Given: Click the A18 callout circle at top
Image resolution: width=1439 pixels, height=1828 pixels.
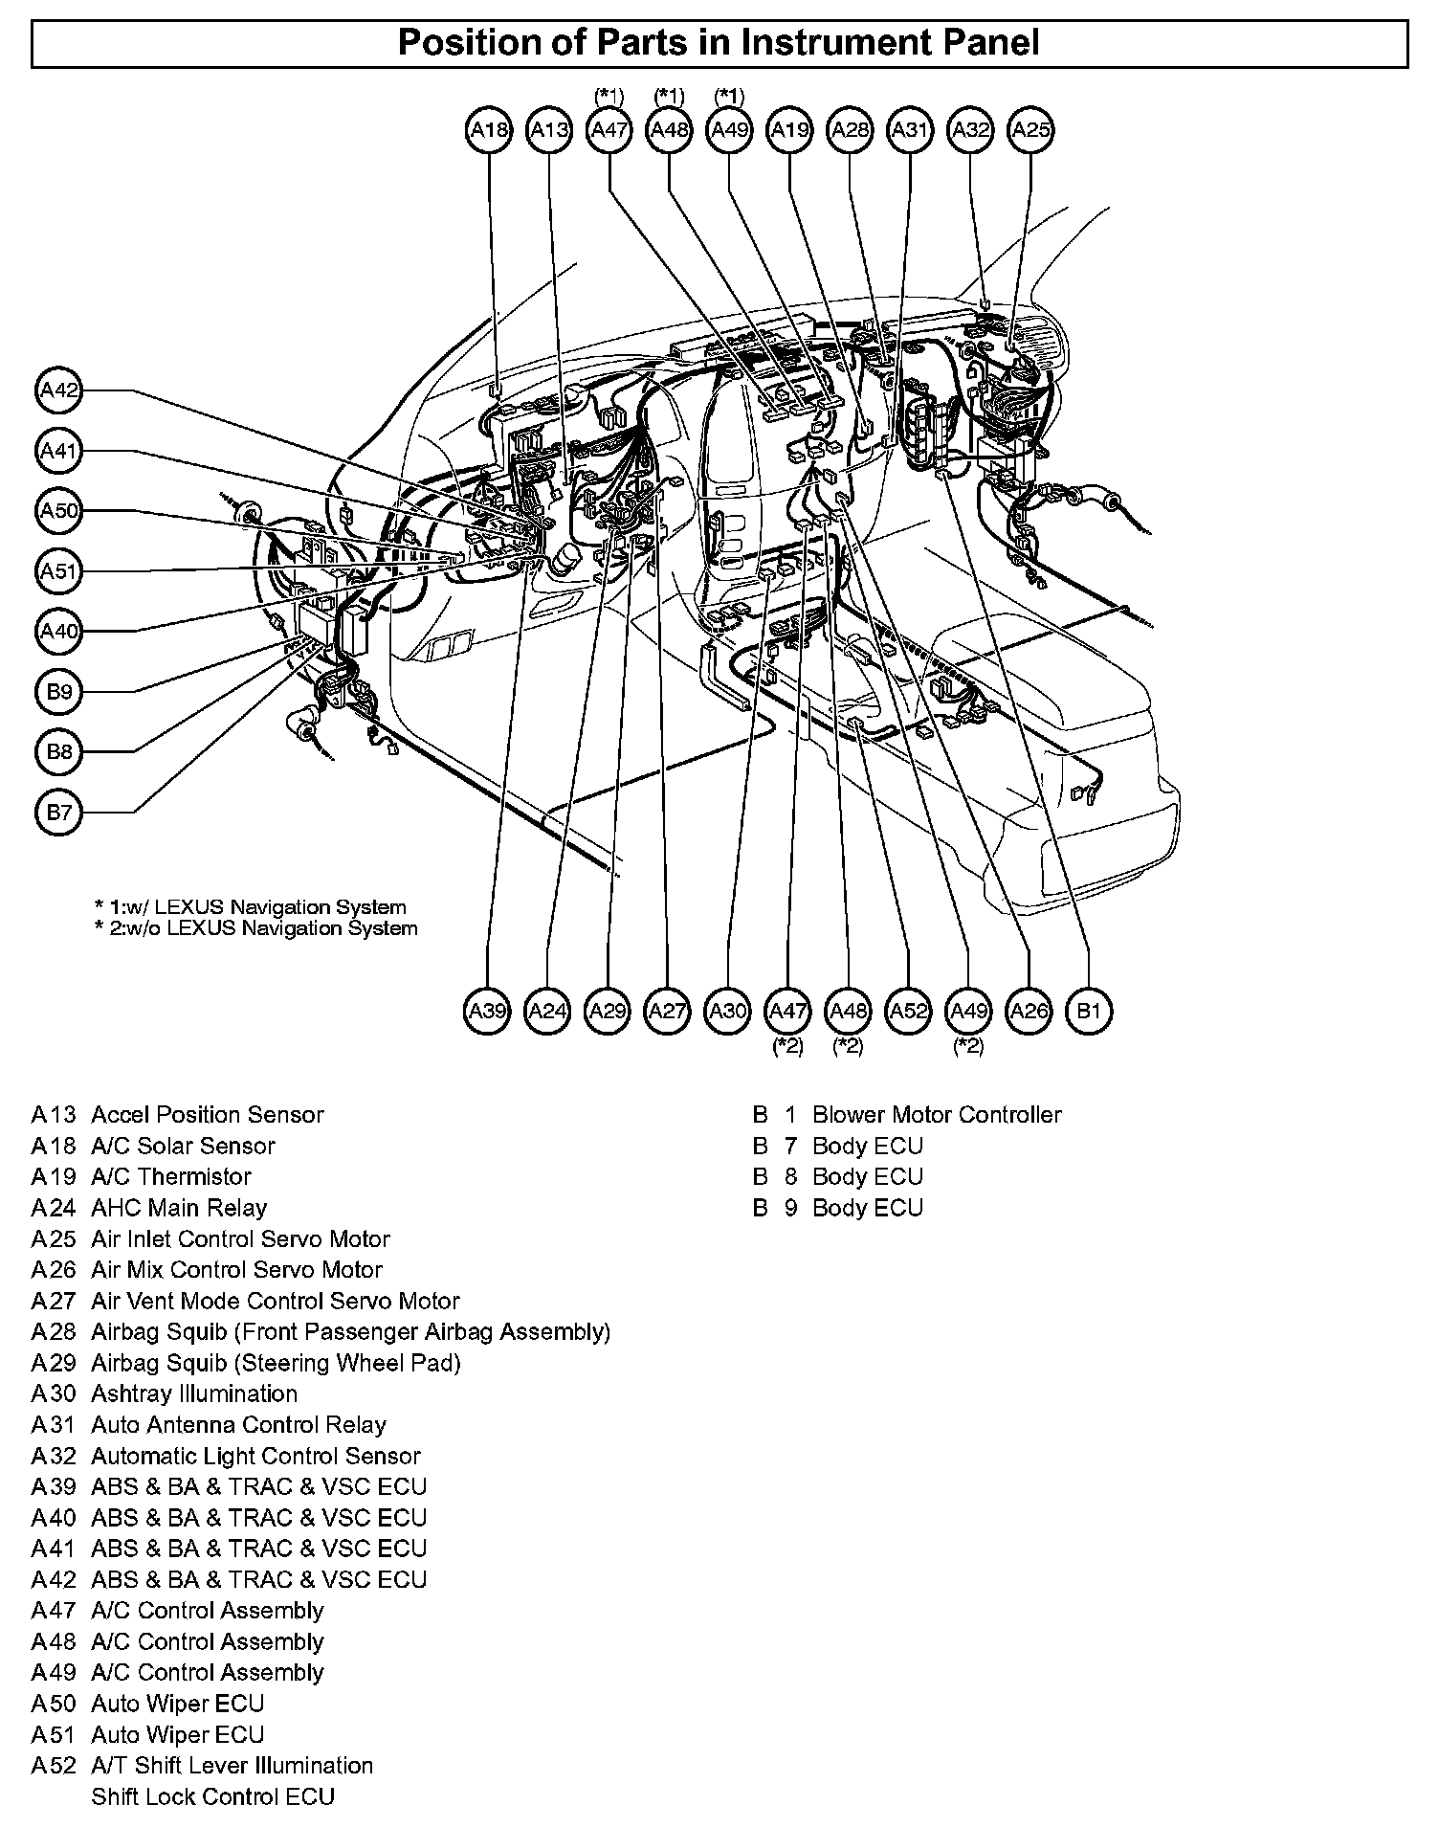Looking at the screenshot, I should pos(489,129).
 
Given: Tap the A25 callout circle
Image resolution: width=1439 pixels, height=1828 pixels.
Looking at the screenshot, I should pos(1030,129).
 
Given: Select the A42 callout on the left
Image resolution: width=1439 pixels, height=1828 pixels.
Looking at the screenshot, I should pos(59,390).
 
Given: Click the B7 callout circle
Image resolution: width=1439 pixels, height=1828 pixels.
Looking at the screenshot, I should pos(59,813).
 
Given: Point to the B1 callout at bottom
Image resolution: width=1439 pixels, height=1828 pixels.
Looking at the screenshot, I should pos(1090,1011).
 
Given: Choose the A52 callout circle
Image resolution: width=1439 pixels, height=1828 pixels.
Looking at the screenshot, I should pos(909,1011).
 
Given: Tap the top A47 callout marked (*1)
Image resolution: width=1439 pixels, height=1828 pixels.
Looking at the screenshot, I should pos(609,129).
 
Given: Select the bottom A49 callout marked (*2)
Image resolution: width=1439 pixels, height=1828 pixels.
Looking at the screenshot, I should pos(968,1011).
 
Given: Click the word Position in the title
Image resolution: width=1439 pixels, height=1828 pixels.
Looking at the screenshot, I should pos(465,43).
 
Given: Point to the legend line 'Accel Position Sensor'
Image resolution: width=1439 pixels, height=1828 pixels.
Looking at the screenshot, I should pos(207,1115).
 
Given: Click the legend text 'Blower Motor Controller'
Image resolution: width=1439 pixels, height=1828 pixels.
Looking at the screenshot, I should pos(937,1115).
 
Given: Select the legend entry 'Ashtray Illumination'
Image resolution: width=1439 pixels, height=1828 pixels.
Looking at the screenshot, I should pos(193,1393).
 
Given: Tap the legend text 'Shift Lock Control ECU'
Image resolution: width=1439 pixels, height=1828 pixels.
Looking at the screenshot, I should pos(212,1796).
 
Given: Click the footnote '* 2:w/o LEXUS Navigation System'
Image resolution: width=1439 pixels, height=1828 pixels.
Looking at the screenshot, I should pos(256,928).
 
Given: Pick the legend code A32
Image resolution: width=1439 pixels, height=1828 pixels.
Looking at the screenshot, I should pos(53,1456).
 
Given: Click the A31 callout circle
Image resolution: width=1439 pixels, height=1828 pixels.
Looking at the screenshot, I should pos(910,129).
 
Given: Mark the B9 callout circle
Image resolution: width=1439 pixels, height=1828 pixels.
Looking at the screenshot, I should pos(59,691).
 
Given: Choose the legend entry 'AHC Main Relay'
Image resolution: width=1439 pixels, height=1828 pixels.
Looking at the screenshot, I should pos(179,1208).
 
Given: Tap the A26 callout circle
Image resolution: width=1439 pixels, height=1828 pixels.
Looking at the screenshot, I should pos(1029,1011).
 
